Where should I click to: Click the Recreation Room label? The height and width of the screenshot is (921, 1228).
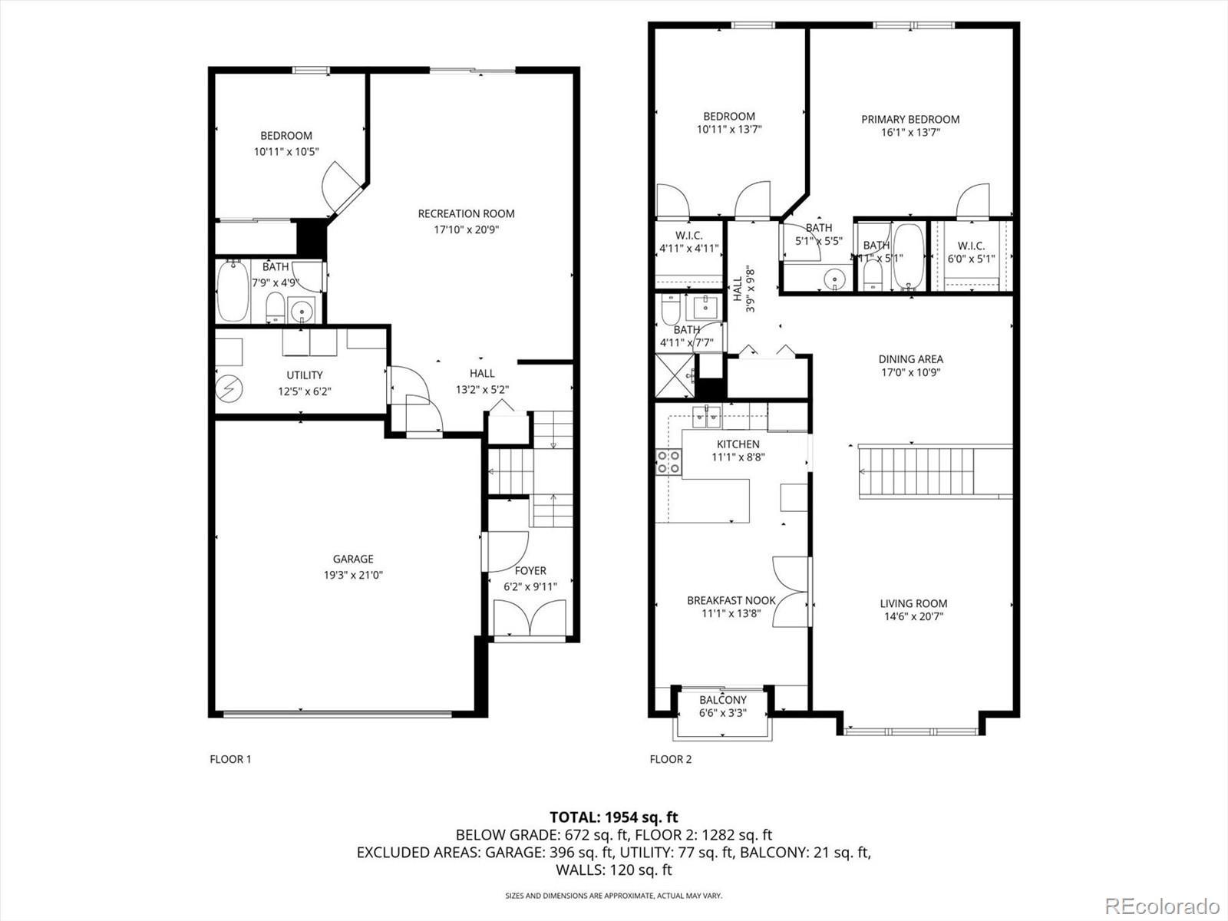tap(466, 213)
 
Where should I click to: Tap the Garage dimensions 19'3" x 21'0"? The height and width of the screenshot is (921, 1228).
tap(353, 575)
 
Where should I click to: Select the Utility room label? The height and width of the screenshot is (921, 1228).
tap(305, 375)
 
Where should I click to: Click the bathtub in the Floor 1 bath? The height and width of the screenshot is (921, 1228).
tap(233, 292)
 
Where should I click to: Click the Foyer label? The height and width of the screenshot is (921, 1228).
tap(530, 571)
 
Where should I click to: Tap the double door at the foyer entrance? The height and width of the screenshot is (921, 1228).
tap(530, 617)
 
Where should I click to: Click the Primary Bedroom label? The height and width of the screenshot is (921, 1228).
tap(910, 119)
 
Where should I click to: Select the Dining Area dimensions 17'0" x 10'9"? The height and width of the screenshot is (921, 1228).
tap(911, 372)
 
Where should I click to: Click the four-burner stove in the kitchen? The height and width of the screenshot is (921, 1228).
tap(668, 463)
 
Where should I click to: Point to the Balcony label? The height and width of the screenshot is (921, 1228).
tap(723, 700)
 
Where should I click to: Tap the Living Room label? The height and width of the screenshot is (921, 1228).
tap(913, 603)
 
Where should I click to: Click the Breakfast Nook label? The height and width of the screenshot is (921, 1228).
tap(731, 601)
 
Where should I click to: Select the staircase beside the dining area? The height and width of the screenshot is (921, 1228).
tap(936, 470)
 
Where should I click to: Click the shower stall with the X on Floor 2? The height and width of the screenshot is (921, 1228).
tap(675, 376)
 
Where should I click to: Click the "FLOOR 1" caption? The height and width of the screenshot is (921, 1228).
tap(230, 759)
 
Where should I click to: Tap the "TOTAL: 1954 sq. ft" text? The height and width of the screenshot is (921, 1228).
tap(614, 817)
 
